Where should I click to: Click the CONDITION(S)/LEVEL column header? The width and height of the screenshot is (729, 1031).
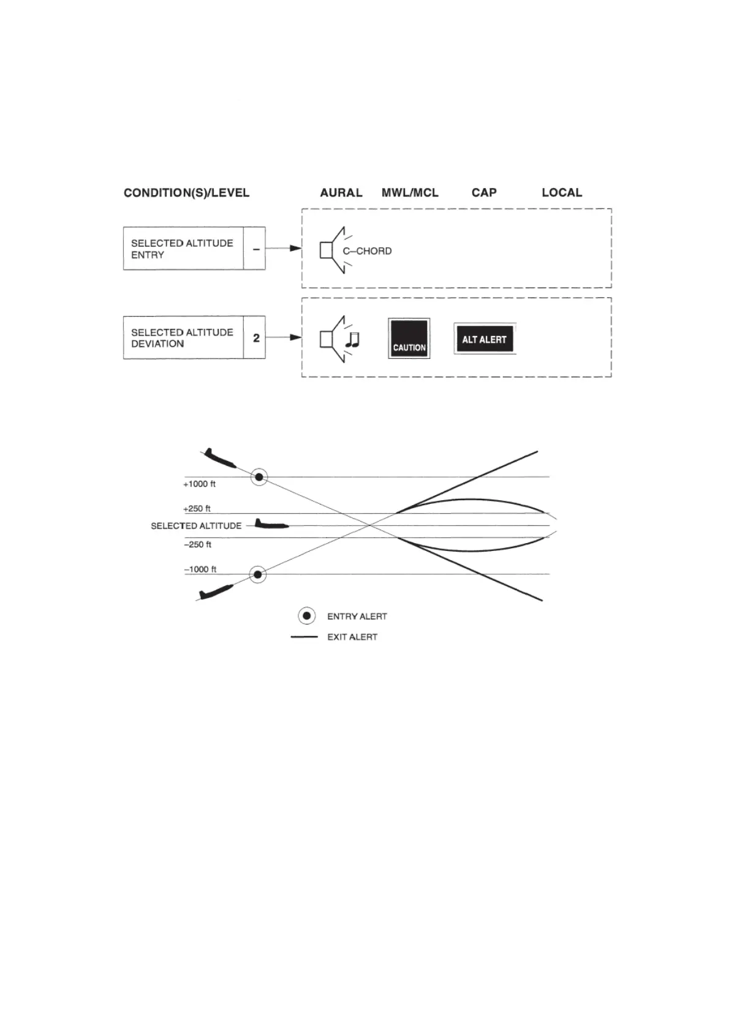click(x=186, y=193)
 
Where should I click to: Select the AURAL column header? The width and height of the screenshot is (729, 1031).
click(x=341, y=193)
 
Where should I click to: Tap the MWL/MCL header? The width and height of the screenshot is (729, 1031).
click(x=410, y=193)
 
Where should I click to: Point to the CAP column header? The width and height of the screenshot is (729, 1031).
click(x=484, y=193)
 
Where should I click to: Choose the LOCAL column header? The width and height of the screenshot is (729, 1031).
click(x=562, y=193)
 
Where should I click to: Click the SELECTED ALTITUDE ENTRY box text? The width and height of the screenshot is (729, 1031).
click(x=182, y=249)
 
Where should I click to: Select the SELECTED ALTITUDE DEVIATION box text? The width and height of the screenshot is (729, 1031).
click(x=182, y=338)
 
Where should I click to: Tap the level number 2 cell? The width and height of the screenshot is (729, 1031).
click(x=256, y=337)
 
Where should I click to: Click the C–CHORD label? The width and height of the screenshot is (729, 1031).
click(x=367, y=251)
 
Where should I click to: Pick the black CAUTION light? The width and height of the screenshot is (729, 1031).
click(x=409, y=339)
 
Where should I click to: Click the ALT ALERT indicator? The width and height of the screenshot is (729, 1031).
click(x=485, y=339)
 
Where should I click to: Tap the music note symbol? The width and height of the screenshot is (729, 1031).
click(x=352, y=340)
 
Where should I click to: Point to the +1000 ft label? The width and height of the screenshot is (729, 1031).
click(x=200, y=484)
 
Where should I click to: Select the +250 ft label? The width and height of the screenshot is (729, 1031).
click(x=197, y=509)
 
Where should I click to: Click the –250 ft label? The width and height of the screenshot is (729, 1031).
click(x=198, y=544)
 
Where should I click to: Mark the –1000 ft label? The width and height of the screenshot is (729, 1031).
click(x=200, y=569)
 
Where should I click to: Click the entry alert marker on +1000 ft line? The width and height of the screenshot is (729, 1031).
click(x=259, y=477)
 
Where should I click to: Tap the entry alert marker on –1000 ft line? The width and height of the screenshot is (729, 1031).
click(x=258, y=574)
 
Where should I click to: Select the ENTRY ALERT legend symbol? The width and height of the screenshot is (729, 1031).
click(x=307, y=616)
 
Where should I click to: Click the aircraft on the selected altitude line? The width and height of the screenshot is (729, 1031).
click(x=271, y=524)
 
